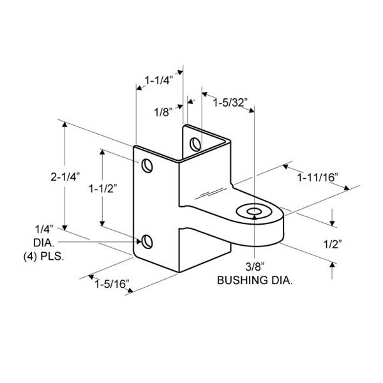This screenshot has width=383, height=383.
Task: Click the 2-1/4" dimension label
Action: (x=65, y=177)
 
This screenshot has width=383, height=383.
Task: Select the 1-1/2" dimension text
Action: (x=103, y=188)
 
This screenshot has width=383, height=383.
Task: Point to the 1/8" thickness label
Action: (x=163, y=112)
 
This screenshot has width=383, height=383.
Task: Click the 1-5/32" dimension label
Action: (x=231, y=103)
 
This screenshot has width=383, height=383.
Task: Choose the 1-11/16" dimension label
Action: (x=318, y=177)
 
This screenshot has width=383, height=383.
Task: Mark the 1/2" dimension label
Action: (x=333, y=244)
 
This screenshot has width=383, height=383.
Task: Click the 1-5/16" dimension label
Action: (x=112, y=284)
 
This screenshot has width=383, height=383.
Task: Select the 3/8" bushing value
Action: (x=255, y=267)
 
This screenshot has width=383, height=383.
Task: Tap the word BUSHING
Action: (x=243, y=280)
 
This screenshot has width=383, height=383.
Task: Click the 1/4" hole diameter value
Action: (x=44, y=230)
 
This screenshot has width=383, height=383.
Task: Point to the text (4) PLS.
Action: (x=43, y=257)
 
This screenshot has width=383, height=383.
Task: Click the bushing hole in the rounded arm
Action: (x=254, y=211)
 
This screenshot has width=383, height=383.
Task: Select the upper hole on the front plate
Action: (x=147, y=166)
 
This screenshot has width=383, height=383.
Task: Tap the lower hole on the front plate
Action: (x=147, y=241)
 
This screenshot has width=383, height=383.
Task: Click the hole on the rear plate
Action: (x=195, y=144)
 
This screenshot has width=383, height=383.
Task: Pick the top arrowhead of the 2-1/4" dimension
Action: (x=64, y=124)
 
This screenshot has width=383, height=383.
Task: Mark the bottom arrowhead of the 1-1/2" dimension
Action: (x=102, y=223)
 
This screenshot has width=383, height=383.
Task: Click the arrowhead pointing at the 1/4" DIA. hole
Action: (x=139, y=242)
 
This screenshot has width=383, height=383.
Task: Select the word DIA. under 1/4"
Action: (x=44, y=243)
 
